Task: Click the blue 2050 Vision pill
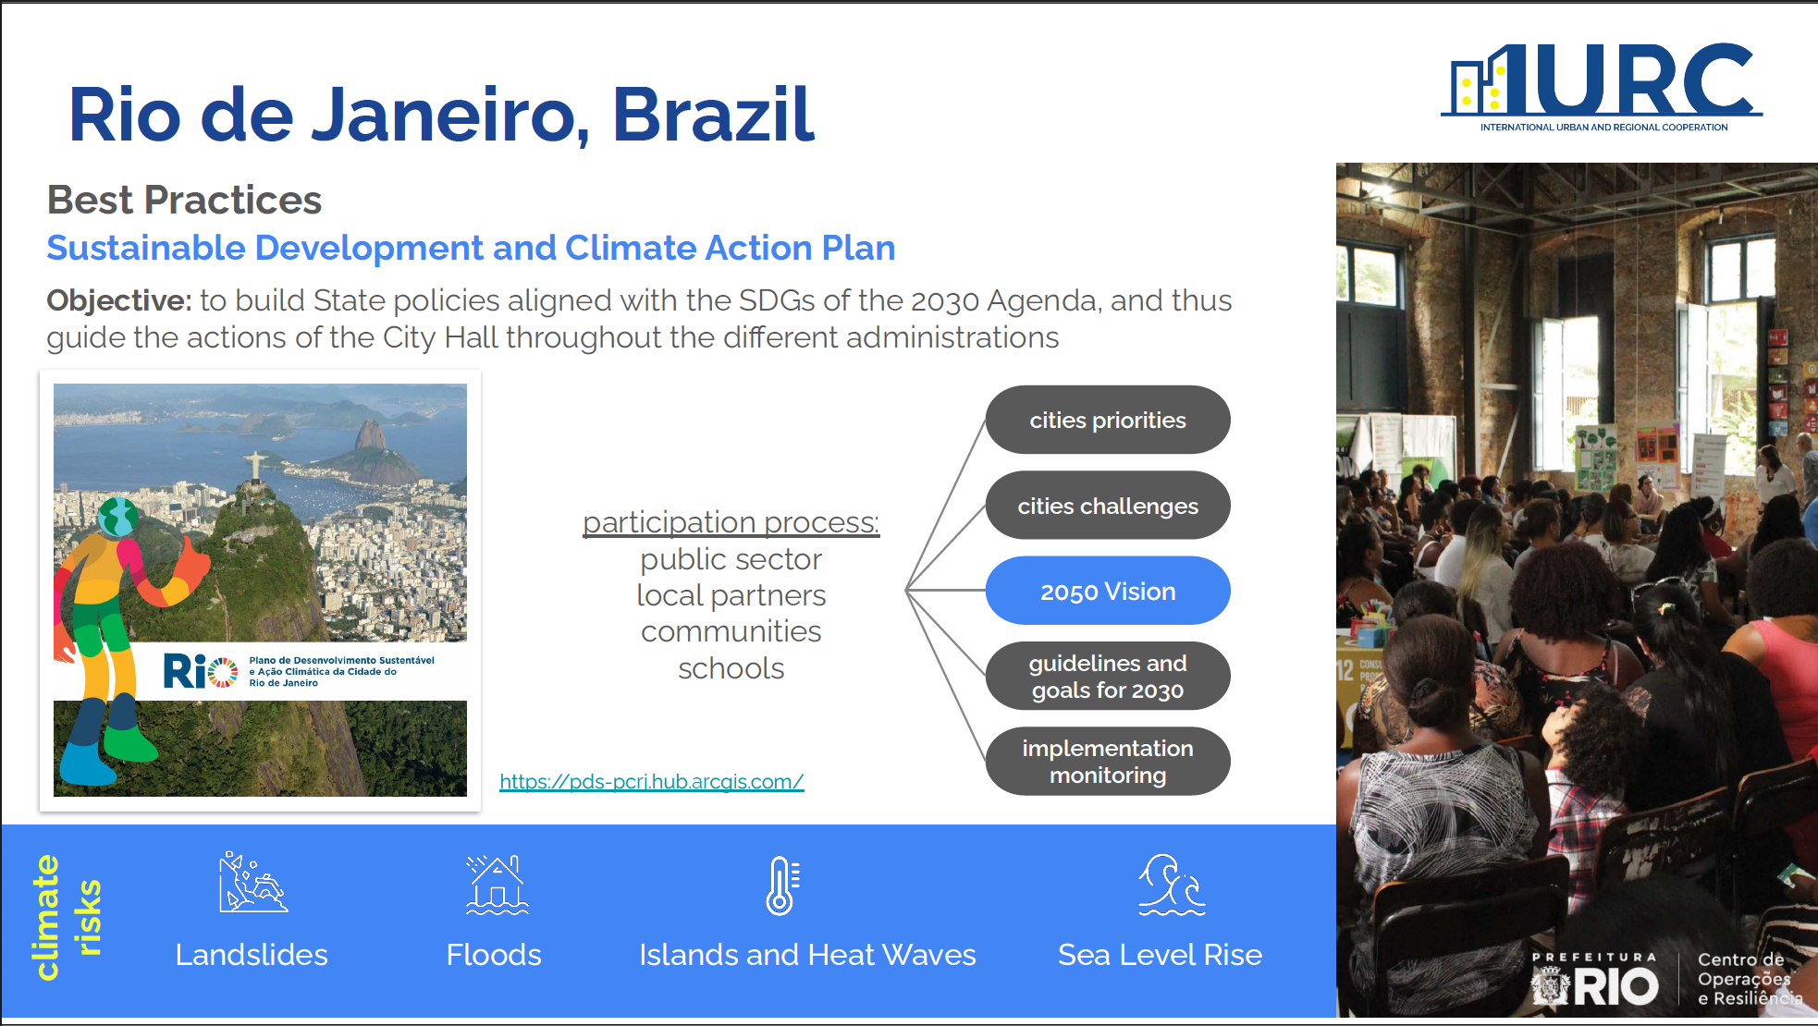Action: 1108,591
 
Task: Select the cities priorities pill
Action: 1108,420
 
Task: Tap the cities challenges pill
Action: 1108,506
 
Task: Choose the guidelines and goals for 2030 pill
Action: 1108,676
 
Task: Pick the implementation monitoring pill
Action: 1108,762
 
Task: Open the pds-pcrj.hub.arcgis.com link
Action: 652,782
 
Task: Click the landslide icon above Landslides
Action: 252,883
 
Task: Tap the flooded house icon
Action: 497,885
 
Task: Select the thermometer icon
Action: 782,886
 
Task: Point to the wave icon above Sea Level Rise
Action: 1172,885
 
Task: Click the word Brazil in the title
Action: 713,115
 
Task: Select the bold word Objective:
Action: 119,301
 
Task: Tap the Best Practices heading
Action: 184,200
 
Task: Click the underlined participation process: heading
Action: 731,522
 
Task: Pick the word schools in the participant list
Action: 731,668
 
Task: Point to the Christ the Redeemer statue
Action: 253,466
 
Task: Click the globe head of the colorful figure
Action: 118,517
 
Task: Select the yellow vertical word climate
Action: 45,917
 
